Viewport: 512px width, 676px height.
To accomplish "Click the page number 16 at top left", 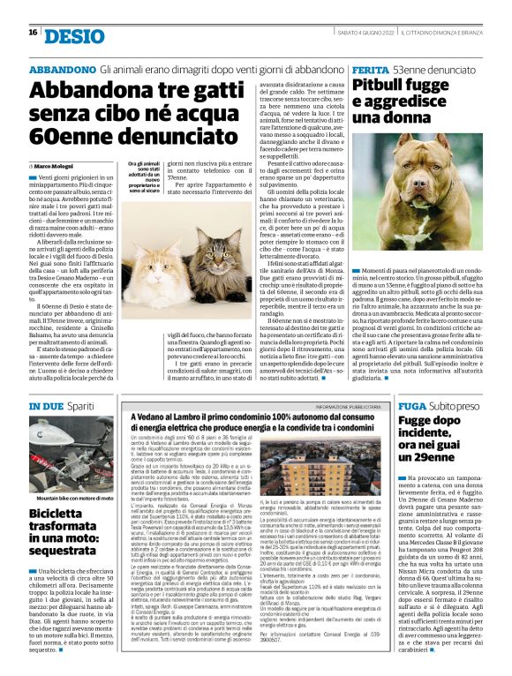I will click(x=32, y=33).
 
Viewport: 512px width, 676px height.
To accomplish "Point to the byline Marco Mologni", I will click(x=57, y=165).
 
